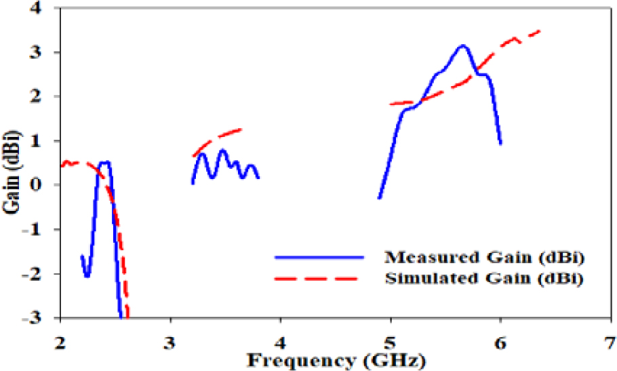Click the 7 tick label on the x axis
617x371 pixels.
point(612,337)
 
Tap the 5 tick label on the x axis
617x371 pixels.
point(391,337)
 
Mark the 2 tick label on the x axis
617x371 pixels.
point(61,337)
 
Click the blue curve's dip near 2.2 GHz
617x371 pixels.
point(87,275)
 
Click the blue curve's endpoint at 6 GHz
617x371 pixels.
point(500,143)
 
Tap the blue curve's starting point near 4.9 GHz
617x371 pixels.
point(380,197)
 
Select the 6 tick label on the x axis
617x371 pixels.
point(501,337)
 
